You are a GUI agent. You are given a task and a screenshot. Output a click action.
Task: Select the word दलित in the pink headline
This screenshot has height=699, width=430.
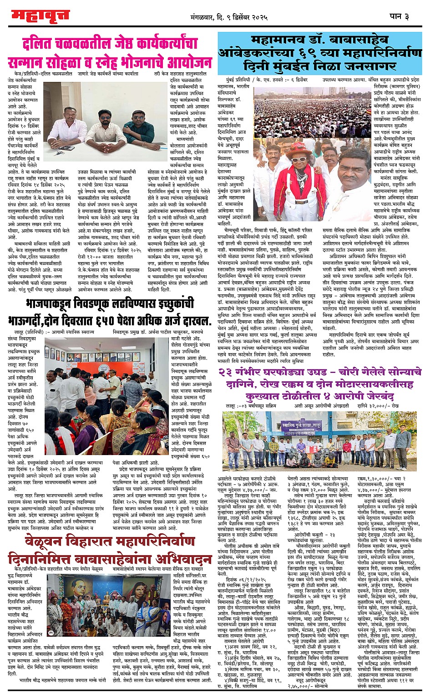(x=43, y=44)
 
